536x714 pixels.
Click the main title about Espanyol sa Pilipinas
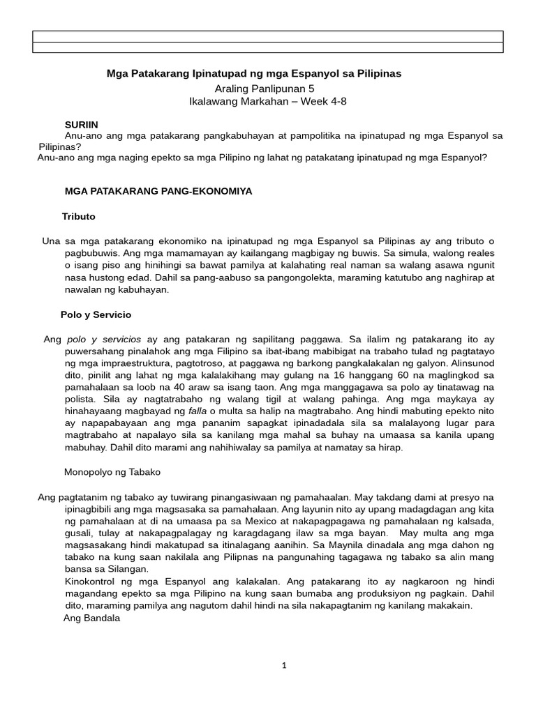(x=253, y=73)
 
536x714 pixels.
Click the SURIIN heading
(x=81, y=123)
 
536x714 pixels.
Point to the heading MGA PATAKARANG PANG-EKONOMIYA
(x=158, y=190)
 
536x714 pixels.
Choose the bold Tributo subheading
(x=78, y=216)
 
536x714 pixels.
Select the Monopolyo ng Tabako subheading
(x=112, y=472)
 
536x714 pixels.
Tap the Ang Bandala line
(x=92, y=618)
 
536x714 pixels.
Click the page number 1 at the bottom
(x=283, y=665)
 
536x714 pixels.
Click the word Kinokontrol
(x=91, y=581)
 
